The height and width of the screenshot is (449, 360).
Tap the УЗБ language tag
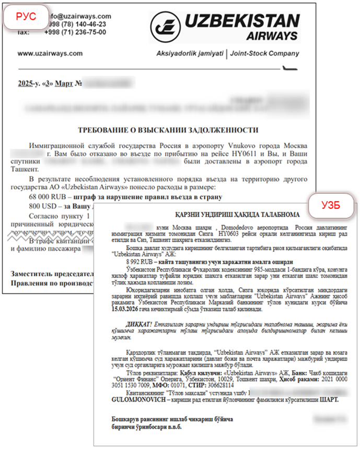(x=330, y=205)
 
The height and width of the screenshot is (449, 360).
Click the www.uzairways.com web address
(x=50, y=53)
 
